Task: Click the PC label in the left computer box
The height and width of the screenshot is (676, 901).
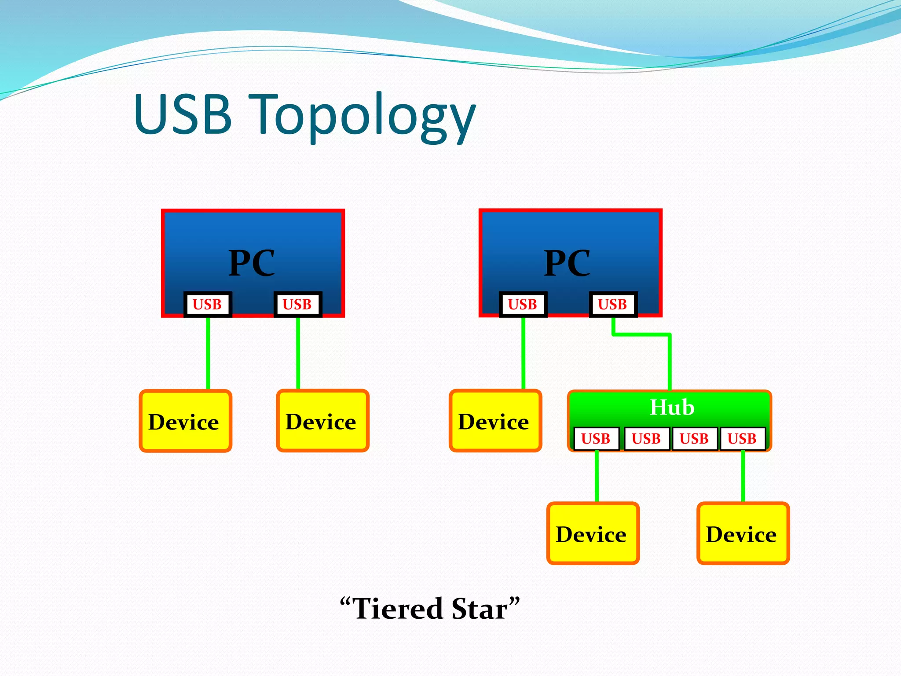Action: pyautogui.click(x=252, y=263)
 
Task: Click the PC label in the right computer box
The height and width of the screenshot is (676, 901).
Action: pyautogui.click(x=567, y=263)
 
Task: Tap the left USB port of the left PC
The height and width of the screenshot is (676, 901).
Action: pyautogui.click(x=208, y=304)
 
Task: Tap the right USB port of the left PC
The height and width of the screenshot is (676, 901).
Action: pyautogui.click(x=297, y=304)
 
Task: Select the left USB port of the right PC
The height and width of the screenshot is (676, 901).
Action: pyautogui.click(x=523, y=304)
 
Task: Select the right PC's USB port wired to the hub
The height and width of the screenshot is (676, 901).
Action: pyautogui.click(x=612, y=304)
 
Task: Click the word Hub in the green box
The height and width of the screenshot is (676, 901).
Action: pyautogui.click(x=672, y=408)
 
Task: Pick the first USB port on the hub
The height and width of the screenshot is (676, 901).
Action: pyautogui.click(x=596, y=438)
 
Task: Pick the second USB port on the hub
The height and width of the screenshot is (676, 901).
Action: pyautogui.click(x=646, y=438)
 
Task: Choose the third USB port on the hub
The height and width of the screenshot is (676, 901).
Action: pyautogui.click(x=694, y=438)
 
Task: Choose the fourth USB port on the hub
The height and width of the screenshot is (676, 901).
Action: pyautogui.click(x=742, y=438)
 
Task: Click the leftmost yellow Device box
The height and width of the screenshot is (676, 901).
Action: pyautogui.click(x=185, y=421)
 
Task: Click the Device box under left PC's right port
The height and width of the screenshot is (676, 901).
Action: pyautogui.click(x=322, y=421)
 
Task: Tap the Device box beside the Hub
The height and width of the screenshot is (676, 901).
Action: pyautogui.click(x=495, y=421)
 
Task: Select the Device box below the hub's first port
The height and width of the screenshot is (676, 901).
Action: pyautogui.click(x=593, y=534)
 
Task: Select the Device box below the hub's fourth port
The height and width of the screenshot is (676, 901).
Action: pyautogui.click(x=743, y=534)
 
